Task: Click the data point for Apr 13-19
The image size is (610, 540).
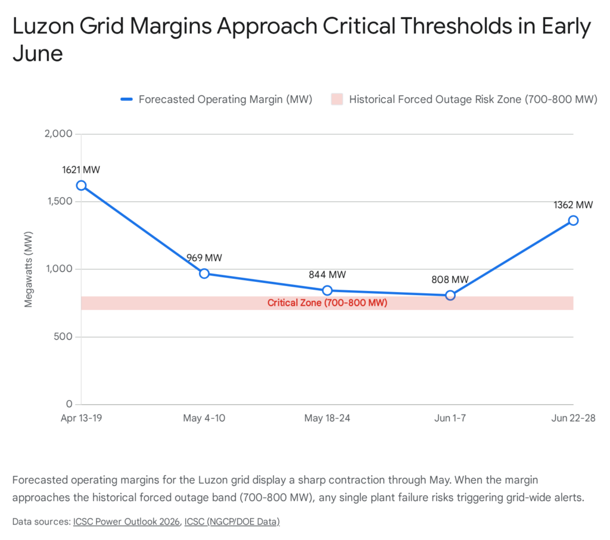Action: (81, 185)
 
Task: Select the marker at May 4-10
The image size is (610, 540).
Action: (204, 274)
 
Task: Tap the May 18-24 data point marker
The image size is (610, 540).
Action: (327, 290)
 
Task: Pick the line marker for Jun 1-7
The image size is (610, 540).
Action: (450, 295)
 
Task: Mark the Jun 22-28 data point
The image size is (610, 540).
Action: (573, 221)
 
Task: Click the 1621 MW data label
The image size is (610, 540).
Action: (81, 170)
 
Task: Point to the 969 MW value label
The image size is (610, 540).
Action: (204, 258)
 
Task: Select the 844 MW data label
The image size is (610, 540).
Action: (327, 275)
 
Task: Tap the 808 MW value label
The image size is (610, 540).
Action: (450, 280)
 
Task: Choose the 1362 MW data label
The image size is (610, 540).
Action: (573, 205)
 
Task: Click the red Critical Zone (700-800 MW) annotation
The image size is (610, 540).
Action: (327, 303)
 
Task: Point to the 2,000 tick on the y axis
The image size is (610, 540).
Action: (58, 134)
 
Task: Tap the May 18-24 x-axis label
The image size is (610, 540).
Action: (327, 418)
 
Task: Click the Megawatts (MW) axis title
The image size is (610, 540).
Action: (29, 269)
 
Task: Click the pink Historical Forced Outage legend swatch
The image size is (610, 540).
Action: (337, 100)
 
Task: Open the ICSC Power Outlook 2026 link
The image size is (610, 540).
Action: (126, 522)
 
